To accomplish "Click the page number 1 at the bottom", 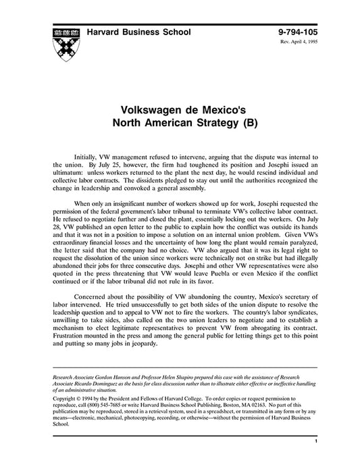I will tap(315, 441).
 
